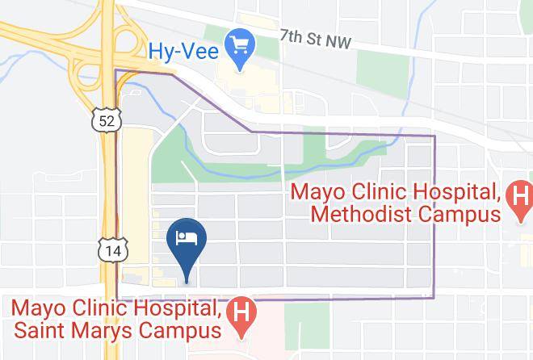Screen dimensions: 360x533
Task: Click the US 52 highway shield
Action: point(107,121)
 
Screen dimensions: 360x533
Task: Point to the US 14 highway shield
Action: point(112,251)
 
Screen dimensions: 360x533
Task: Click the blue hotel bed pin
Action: point(187,239)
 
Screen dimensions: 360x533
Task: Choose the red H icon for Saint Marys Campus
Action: point(240,309)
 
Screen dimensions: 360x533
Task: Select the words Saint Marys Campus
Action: point(115,331)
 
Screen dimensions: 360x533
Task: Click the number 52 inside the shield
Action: point(107,121)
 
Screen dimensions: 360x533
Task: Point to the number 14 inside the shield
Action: point(112,251)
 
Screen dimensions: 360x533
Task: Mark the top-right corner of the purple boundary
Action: point(434,136)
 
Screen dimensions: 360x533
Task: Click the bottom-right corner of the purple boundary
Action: point(434,298)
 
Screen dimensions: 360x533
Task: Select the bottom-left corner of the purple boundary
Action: point(118,299)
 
